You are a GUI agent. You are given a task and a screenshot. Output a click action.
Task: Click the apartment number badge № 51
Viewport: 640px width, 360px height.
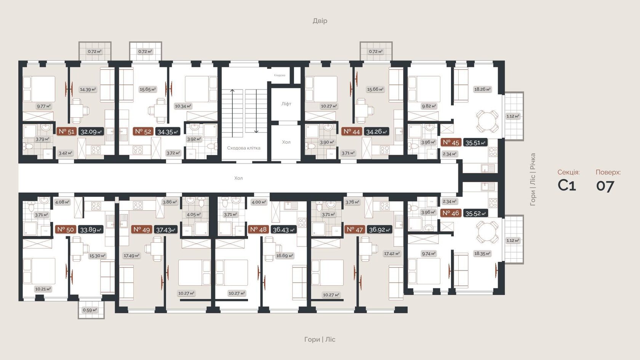click(66, 131)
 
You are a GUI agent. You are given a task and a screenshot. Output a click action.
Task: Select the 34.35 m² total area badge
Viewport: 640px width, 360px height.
click(168, 132)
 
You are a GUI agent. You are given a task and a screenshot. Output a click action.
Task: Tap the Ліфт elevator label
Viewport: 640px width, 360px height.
click(286, 104)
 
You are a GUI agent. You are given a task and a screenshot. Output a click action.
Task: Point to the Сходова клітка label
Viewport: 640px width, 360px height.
click(243, 148)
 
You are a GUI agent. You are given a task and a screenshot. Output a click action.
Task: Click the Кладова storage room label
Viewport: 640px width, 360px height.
click(280, 75)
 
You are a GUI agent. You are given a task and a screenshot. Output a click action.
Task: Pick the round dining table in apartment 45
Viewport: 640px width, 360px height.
click(487, 121)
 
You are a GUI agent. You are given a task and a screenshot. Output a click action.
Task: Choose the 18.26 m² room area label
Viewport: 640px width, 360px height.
click(482, 89)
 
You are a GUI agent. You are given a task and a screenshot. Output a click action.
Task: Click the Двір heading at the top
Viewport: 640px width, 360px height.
click(320, 21)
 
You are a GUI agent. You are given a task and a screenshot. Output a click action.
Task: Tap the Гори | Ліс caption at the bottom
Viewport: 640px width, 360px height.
click(320, 339)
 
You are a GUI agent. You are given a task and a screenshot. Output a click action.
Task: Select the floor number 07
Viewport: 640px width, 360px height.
click(605, 186)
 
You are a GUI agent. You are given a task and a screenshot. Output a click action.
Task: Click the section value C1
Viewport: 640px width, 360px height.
click(566, 185)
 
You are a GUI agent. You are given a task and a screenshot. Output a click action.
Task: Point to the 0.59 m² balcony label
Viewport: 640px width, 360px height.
click(90, 310)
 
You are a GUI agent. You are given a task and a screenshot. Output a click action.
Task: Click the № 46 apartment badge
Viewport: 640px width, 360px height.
click(451, 213)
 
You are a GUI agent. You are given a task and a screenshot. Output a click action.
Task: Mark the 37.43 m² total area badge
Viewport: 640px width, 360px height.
click(166, 230)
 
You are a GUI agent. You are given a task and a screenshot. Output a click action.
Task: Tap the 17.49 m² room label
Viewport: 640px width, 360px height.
click(131, 256)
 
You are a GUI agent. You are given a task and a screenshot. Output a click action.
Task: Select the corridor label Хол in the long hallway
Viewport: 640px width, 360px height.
click(238, 178)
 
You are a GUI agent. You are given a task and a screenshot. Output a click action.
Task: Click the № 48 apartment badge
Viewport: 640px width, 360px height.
click(258, 229)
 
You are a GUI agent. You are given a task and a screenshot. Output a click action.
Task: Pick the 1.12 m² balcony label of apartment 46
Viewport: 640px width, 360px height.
click(513, 240)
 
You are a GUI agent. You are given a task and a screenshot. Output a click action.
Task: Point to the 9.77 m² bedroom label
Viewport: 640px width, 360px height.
click(44, 106)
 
